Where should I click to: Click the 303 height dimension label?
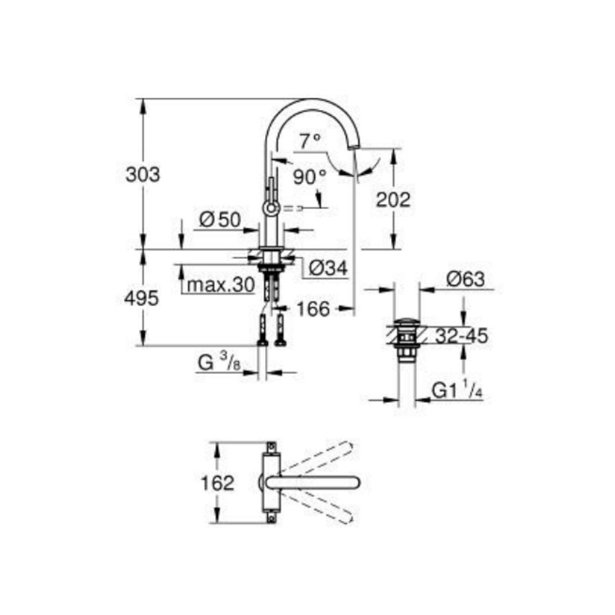click(x=143, y=175)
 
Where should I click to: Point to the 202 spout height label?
click(x=392, y=199)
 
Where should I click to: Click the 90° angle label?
click(x=309, y=178)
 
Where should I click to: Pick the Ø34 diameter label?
click(x=328, y=268)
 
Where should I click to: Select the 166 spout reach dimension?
click(x=314, y=308)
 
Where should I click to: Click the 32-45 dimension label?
click(x=461, y=336)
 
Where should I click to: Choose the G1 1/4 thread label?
click(x=456, y=391)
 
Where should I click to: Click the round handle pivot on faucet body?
click(x=271, y=208)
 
